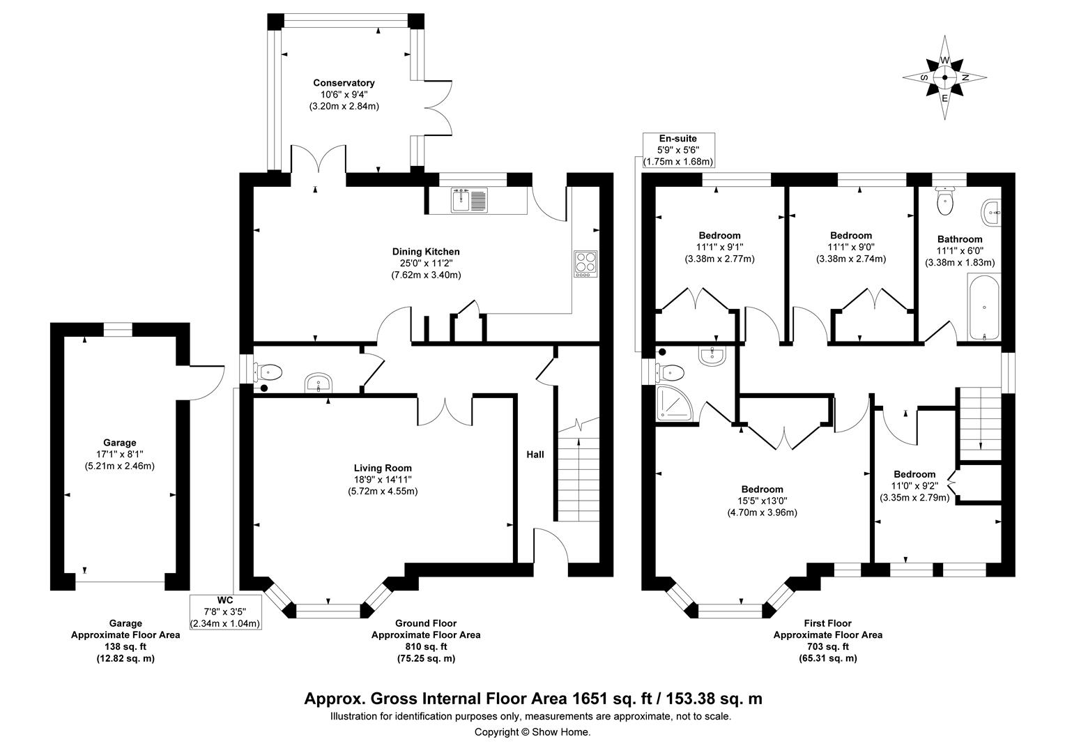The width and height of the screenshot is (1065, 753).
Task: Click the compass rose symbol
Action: (x=944, y=78)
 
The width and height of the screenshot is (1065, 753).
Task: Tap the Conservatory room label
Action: (x=344, y=83)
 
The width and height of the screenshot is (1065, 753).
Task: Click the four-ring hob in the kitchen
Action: (x=585, y=264)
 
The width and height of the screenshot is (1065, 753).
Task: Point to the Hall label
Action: (x=535, y=455)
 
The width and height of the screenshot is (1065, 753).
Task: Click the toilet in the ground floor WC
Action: (x=269, y=372)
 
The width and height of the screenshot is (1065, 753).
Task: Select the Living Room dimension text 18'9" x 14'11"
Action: (x=383, y=480)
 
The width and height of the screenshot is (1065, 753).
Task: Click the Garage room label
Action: (x=119, y=442)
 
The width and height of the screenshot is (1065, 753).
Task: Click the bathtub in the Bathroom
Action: (x=983, y=307)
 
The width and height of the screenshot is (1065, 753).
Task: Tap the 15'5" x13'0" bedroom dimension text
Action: (x=762, y=501)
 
